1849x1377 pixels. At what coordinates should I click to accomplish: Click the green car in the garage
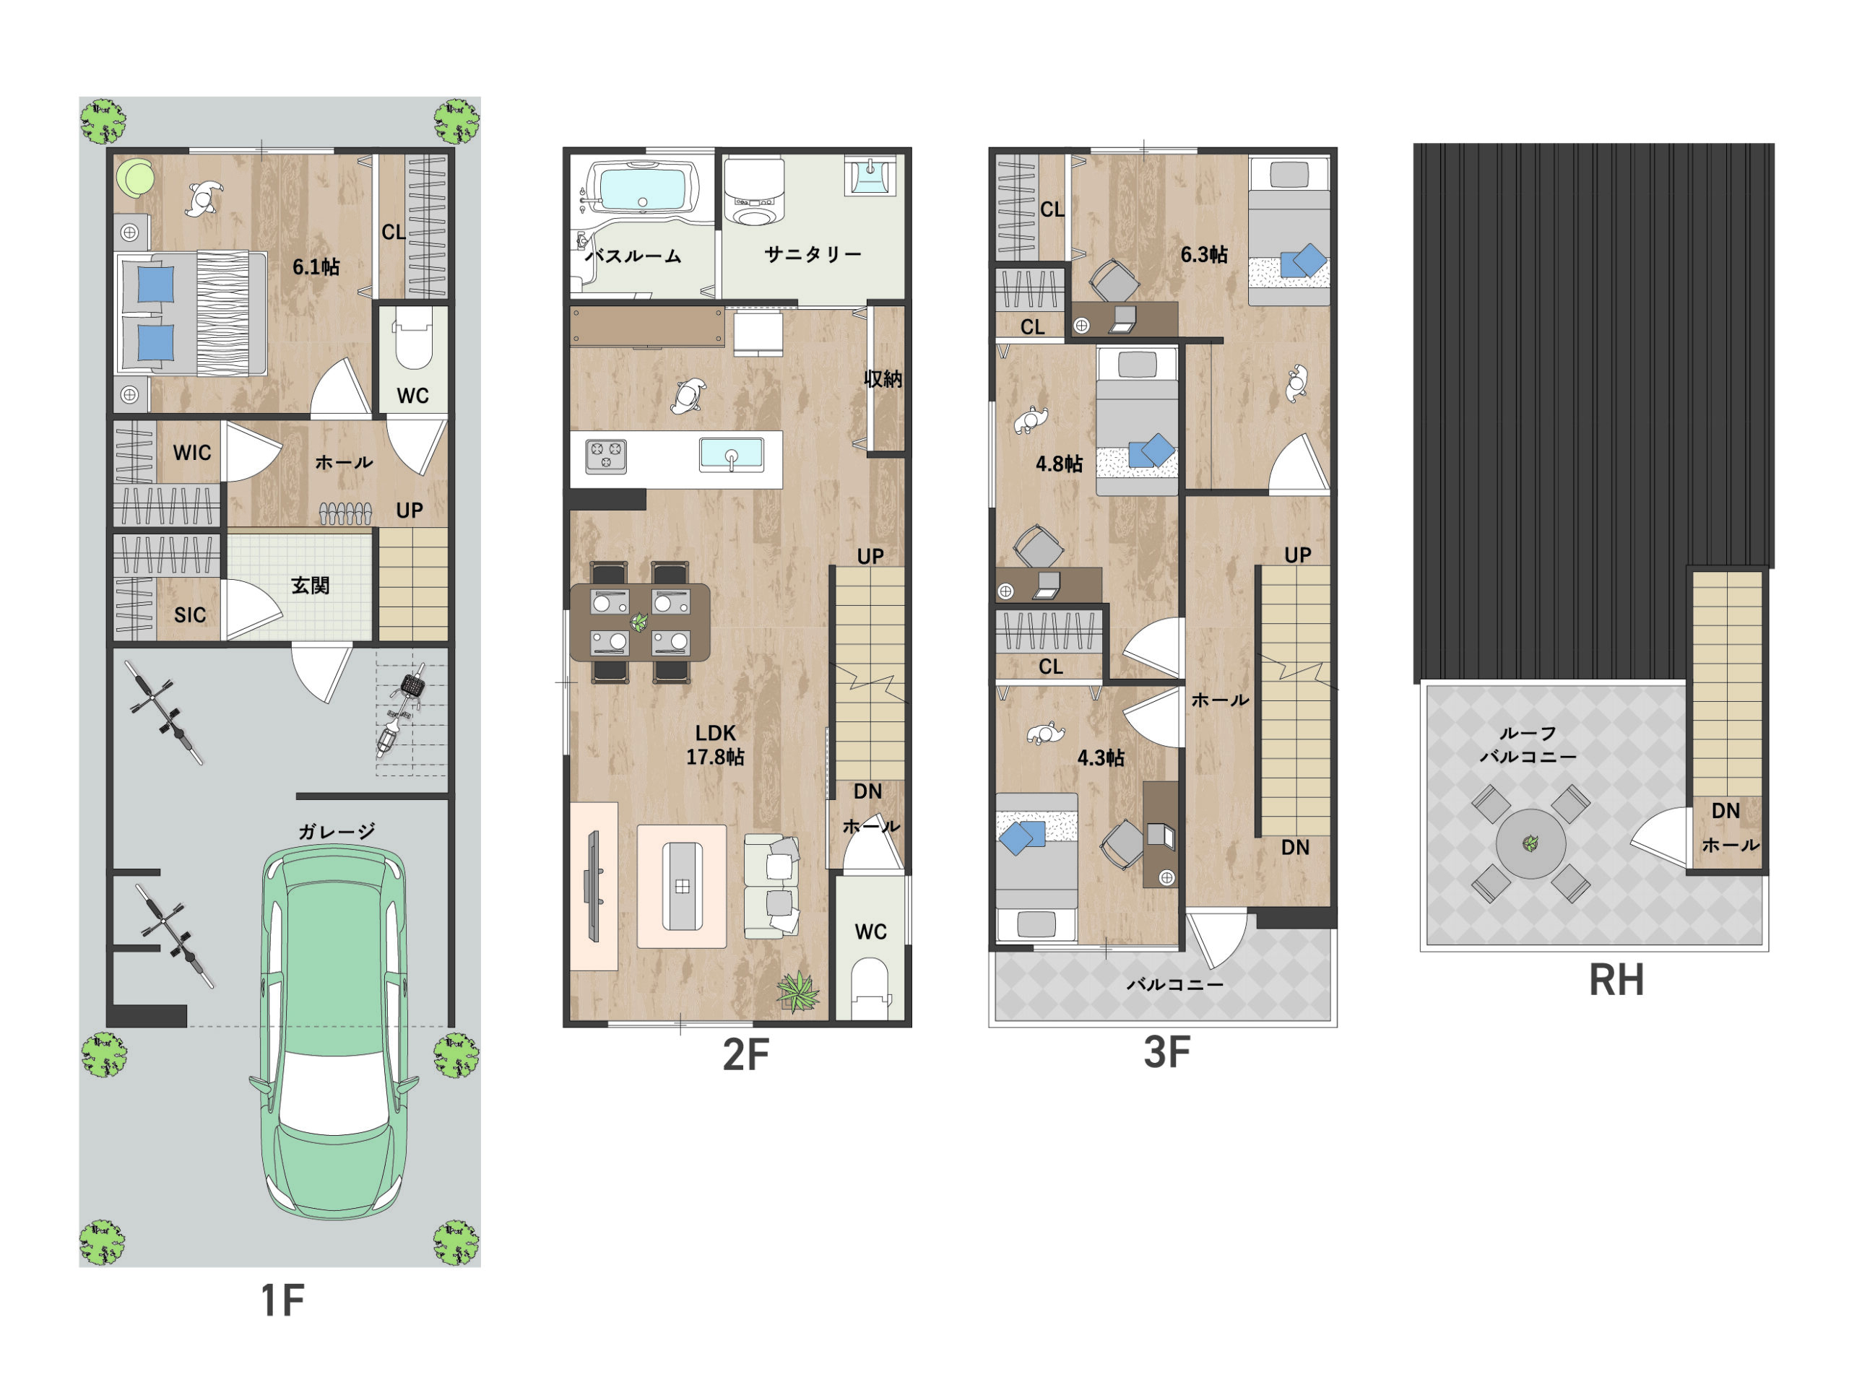tap(334, 1033)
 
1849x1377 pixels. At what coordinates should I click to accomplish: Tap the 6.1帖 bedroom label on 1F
tap(315, 266)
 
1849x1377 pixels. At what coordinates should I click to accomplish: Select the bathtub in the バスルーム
tap(642, 188)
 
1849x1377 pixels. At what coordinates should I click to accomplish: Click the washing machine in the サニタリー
tap(755, 193)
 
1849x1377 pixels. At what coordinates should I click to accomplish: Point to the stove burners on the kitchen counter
tap(606, 456)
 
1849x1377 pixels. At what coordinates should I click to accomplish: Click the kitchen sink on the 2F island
tap(731, 455)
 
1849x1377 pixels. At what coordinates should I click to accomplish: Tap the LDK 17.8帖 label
tap(714, 744)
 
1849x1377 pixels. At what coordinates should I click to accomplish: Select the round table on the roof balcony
tap(1530, 843)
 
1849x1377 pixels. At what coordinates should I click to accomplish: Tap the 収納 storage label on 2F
tap(883, 378)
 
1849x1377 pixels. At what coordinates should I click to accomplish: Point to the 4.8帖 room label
tap(1059, 464)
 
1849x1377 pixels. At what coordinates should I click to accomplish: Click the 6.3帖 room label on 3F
tap(1204, 254)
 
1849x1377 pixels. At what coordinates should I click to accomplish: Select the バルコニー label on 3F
tap(1174, 984)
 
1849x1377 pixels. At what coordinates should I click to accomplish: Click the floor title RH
tap(1616, 981)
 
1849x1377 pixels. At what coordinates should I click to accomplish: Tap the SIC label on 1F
tap(189, 615)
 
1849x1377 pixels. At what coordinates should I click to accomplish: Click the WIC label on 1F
tap(191, 453)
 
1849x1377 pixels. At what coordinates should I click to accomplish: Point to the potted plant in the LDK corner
tap(798, 991)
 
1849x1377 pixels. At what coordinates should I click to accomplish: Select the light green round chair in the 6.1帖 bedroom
tap(135, 178)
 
